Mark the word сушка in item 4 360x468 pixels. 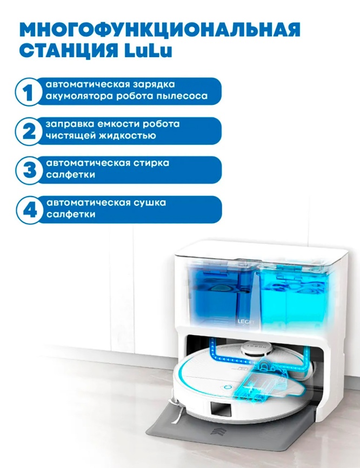click(x=150, y=203)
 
